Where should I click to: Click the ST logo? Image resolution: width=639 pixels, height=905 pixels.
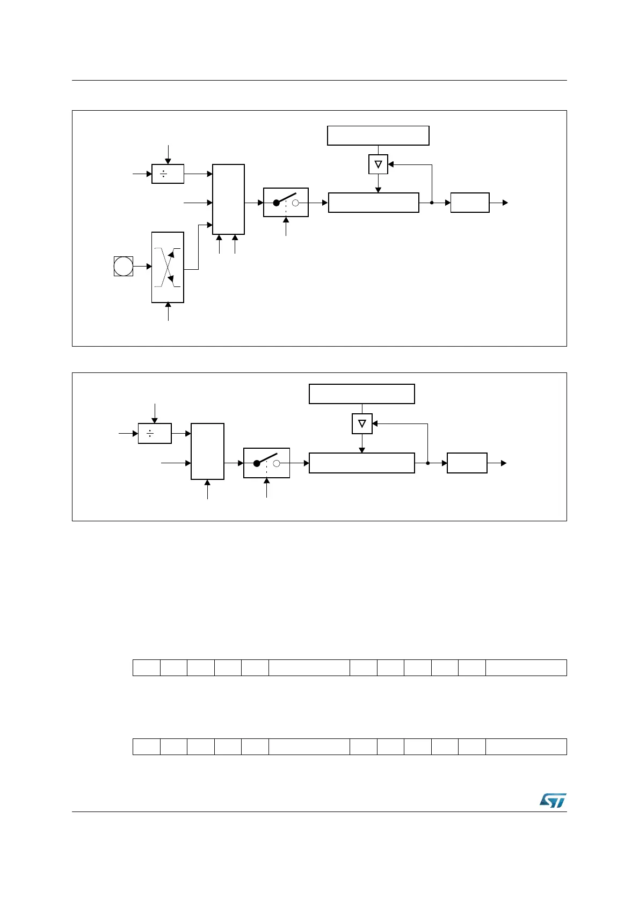(x=553, y=800)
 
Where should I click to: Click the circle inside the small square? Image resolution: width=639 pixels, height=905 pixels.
(x=123, y=267)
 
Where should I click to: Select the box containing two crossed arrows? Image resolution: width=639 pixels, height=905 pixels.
(x=168, y=267)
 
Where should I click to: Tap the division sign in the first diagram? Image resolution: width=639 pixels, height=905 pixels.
(x=164, y=174)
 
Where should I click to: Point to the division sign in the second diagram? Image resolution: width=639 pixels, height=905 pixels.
(x=150, y=433)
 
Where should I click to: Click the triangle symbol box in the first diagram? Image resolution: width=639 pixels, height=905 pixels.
(x=378, y=164)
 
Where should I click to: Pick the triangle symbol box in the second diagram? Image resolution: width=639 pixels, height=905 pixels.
(x=362, y=423)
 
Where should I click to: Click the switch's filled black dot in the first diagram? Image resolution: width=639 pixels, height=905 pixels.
(x=277, y=203)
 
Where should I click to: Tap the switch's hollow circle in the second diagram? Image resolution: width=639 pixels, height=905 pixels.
(x=277, y=463)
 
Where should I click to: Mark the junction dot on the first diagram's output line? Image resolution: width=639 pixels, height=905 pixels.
(x=432, y=203)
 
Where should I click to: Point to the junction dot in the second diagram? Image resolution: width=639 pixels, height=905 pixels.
(x=428, y=463)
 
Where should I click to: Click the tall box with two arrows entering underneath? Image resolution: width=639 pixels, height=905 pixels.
(x=229, y=199)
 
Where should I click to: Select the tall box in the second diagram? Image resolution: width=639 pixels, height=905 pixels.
(x=207, y=451)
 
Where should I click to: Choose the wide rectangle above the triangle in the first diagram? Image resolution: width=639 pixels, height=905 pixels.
(x=378, y=135)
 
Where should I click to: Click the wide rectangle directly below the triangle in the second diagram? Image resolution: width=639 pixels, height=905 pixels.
(x=362, y=463)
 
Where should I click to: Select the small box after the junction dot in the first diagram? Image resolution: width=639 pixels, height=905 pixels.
(x=470, y=203)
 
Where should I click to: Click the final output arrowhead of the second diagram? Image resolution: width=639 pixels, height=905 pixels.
(x=504, y=463)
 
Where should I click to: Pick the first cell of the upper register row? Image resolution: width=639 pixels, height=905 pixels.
(x=147, y=667)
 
